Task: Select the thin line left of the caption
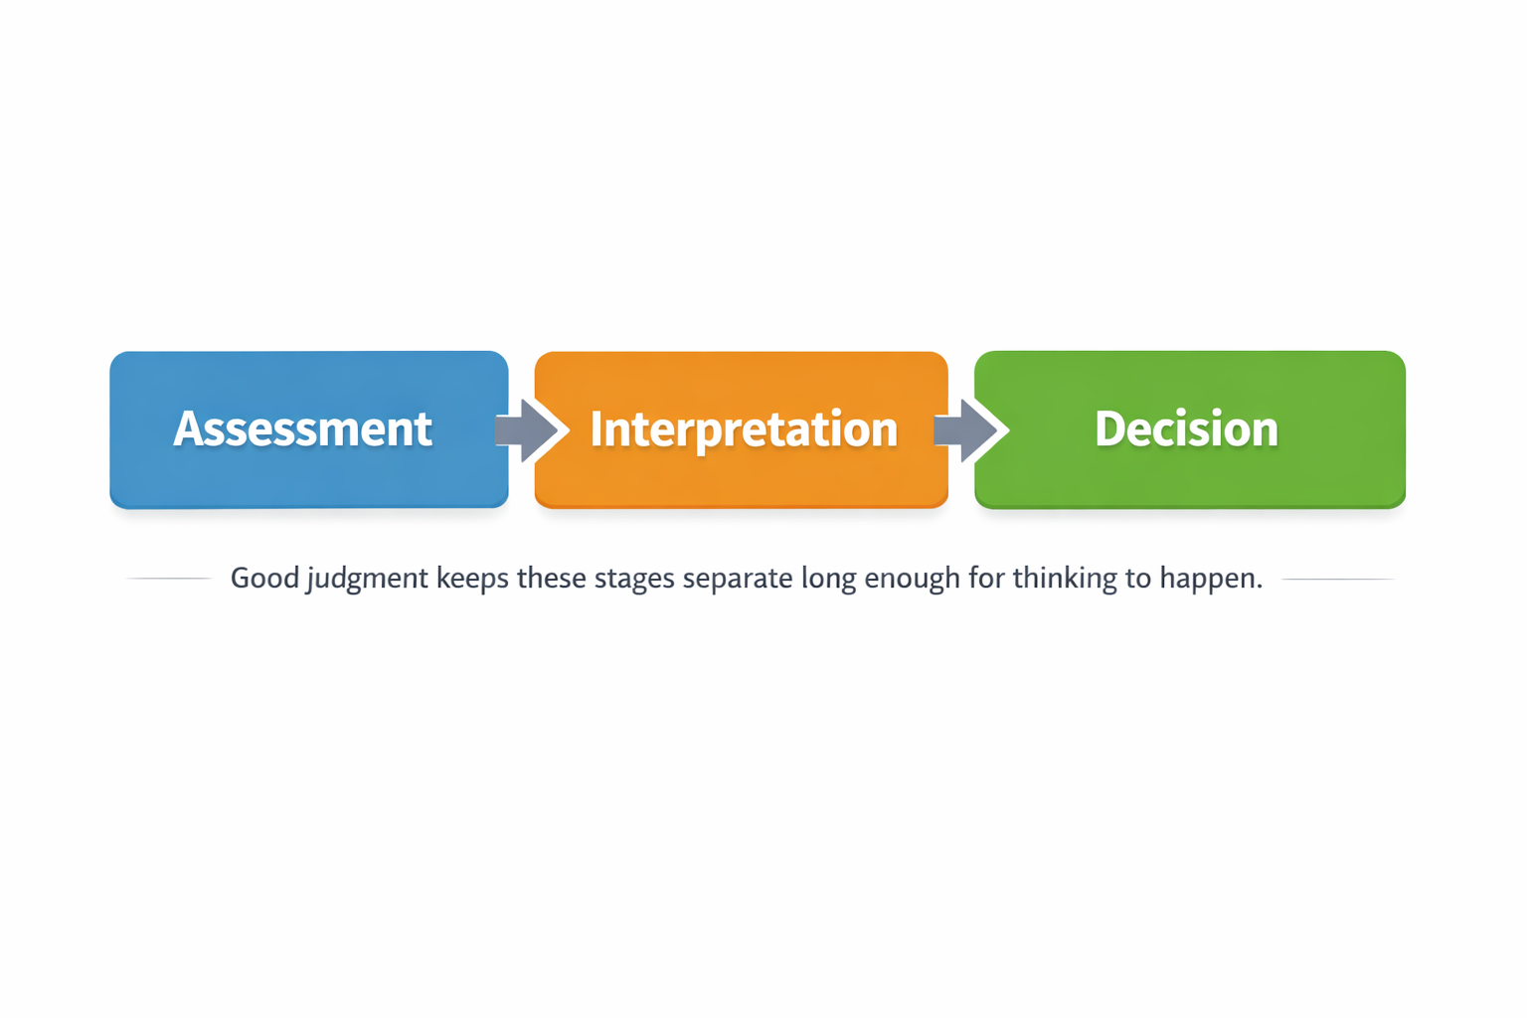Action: [167, 578]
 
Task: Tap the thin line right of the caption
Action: [1338, 579]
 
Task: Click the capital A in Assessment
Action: [187, 429]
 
